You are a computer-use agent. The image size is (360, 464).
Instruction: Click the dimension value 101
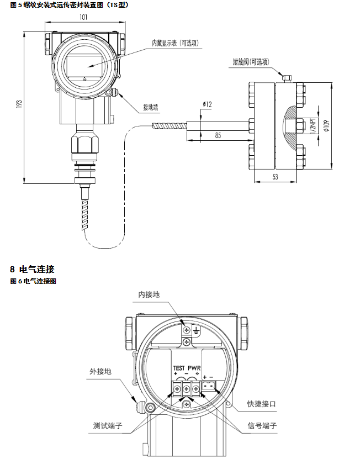[83, 17]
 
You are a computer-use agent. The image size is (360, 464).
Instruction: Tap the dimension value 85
[219, 135]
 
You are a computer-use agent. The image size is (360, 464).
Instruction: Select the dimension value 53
[276, 176]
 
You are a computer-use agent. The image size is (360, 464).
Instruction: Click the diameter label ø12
[208, 104]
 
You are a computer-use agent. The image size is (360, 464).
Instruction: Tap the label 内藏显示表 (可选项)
[175, 43]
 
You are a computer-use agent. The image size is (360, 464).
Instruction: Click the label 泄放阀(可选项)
[251, 62]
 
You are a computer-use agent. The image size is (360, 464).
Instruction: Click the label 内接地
[149, 294]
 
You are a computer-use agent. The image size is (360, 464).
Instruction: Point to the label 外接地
[100, 371]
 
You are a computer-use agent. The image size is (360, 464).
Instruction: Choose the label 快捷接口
[262, 404]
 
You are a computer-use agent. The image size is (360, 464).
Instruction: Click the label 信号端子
[262, 427]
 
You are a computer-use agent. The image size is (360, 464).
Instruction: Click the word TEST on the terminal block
[178, 368]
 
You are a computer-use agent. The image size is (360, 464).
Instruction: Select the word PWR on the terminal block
[194, 368]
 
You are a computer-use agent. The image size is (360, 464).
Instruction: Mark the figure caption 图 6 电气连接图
[34, 281]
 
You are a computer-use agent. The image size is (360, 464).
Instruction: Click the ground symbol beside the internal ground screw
[194, 330]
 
